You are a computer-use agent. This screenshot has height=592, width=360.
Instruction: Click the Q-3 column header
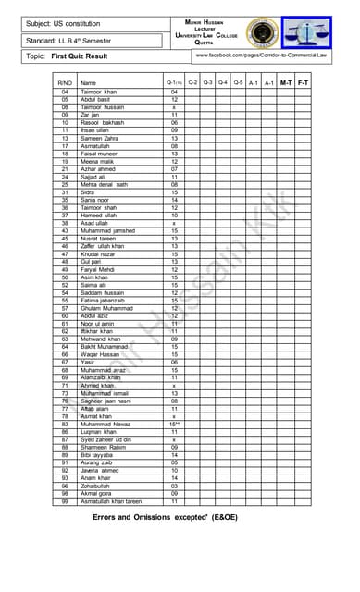coord(208,82)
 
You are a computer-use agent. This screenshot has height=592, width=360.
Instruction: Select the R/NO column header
coord(65,83)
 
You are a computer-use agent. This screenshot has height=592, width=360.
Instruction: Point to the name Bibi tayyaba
coord(97,455)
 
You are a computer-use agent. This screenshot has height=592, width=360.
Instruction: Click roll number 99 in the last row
coord(65,501)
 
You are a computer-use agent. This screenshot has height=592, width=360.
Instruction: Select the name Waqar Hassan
coord(100,354)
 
